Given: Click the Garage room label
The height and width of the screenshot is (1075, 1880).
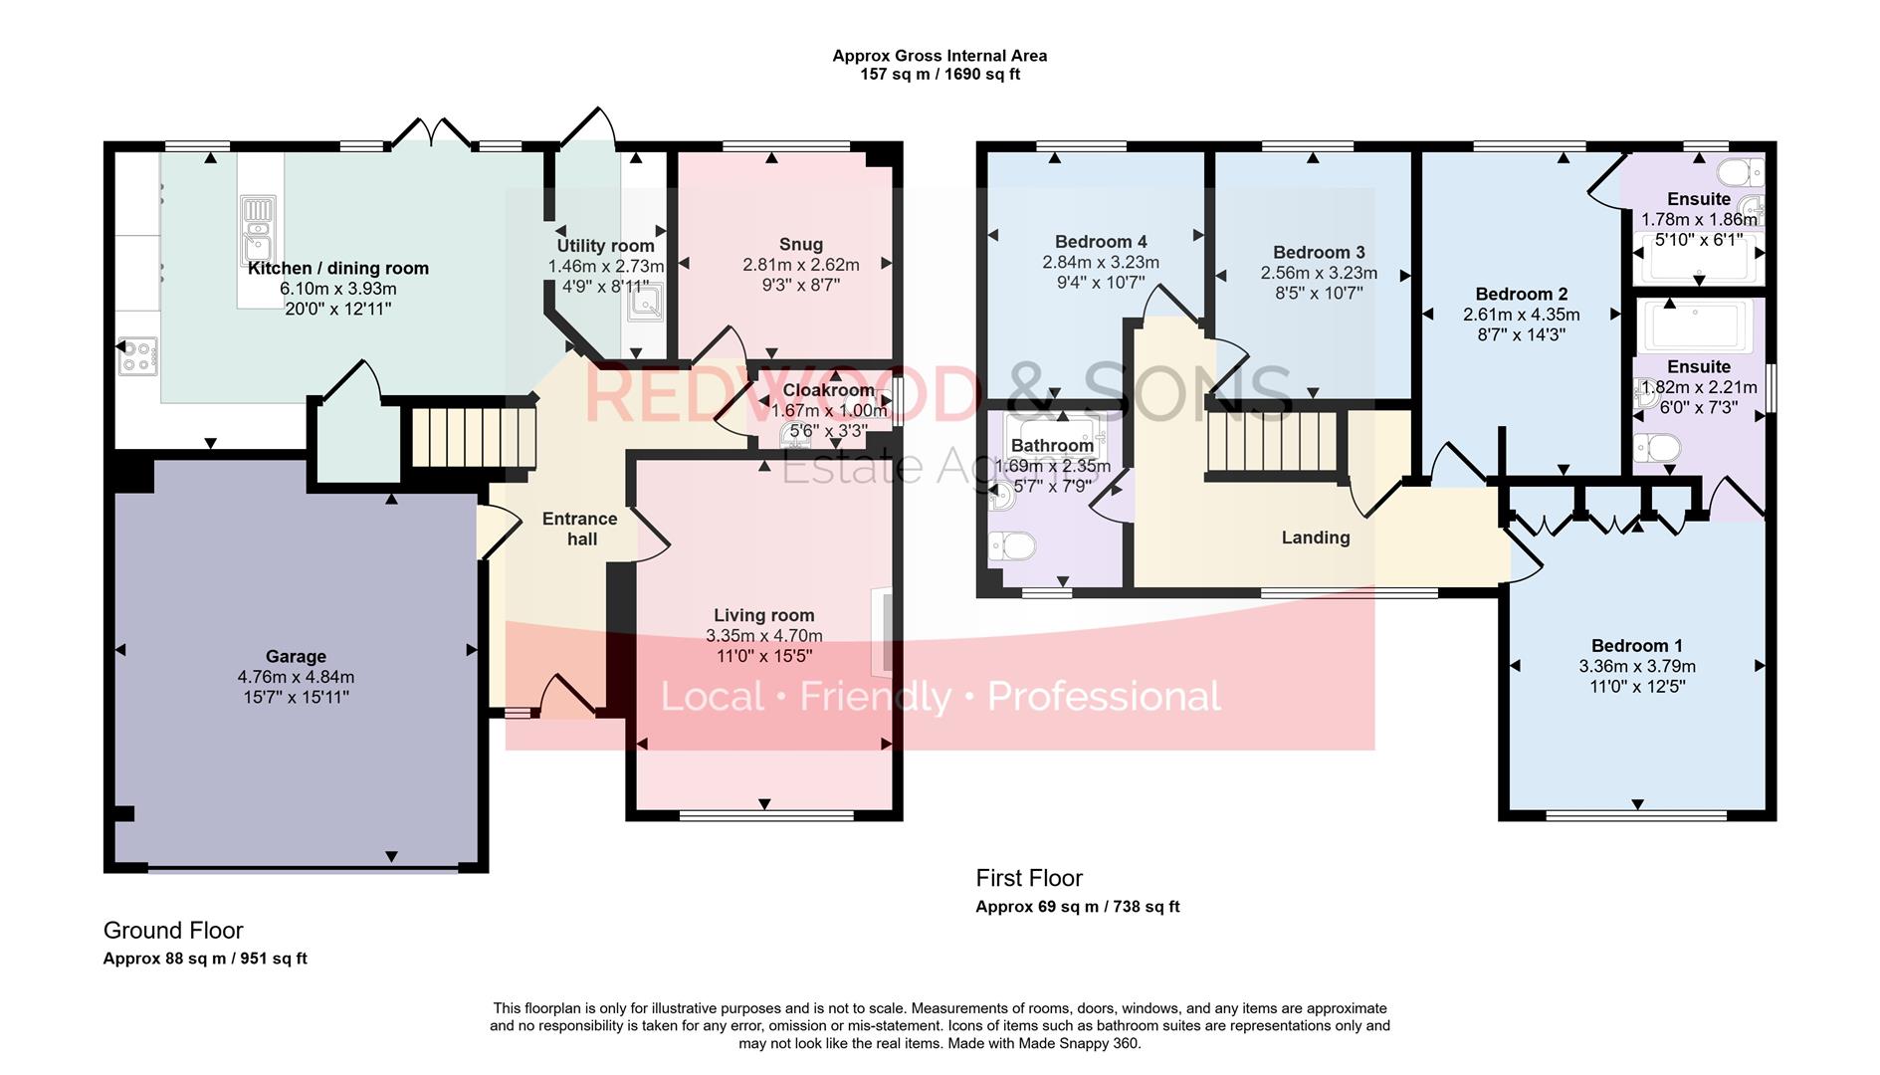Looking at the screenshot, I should (x=296, y=656).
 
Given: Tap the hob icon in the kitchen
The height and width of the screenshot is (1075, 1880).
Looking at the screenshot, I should (x=138, y=356).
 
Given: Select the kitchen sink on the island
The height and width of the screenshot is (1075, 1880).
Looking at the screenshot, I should (x=257, y=228).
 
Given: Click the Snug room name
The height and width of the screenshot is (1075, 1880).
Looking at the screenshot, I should (x=800, y=244).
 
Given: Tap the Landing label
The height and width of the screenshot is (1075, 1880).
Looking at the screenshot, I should (x=1315, y=537).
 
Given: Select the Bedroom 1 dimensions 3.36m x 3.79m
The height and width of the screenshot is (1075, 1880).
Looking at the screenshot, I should (x=1636, y=666).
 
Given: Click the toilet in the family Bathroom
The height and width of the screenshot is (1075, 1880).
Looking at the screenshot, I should (x=1012, y=545).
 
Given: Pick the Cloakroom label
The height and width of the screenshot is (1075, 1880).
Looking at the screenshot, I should (x=828, y=390).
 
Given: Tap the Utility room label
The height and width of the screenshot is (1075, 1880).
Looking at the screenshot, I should (x=605, y=246).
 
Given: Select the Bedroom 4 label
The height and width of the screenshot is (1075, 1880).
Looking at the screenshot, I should (x=1100, y=242).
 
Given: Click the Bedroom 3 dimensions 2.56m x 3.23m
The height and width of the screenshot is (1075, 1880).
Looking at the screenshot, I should (x=1318, y=273).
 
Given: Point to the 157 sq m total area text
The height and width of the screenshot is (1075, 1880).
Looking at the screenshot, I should (x=940, y=74).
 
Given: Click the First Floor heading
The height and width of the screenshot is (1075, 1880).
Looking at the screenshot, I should (x=1028, y=878).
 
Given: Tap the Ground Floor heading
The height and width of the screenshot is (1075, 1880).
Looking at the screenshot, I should (x=173, y=930).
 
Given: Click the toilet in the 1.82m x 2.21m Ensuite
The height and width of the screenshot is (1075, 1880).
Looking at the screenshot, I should (x=1657, y=448).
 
